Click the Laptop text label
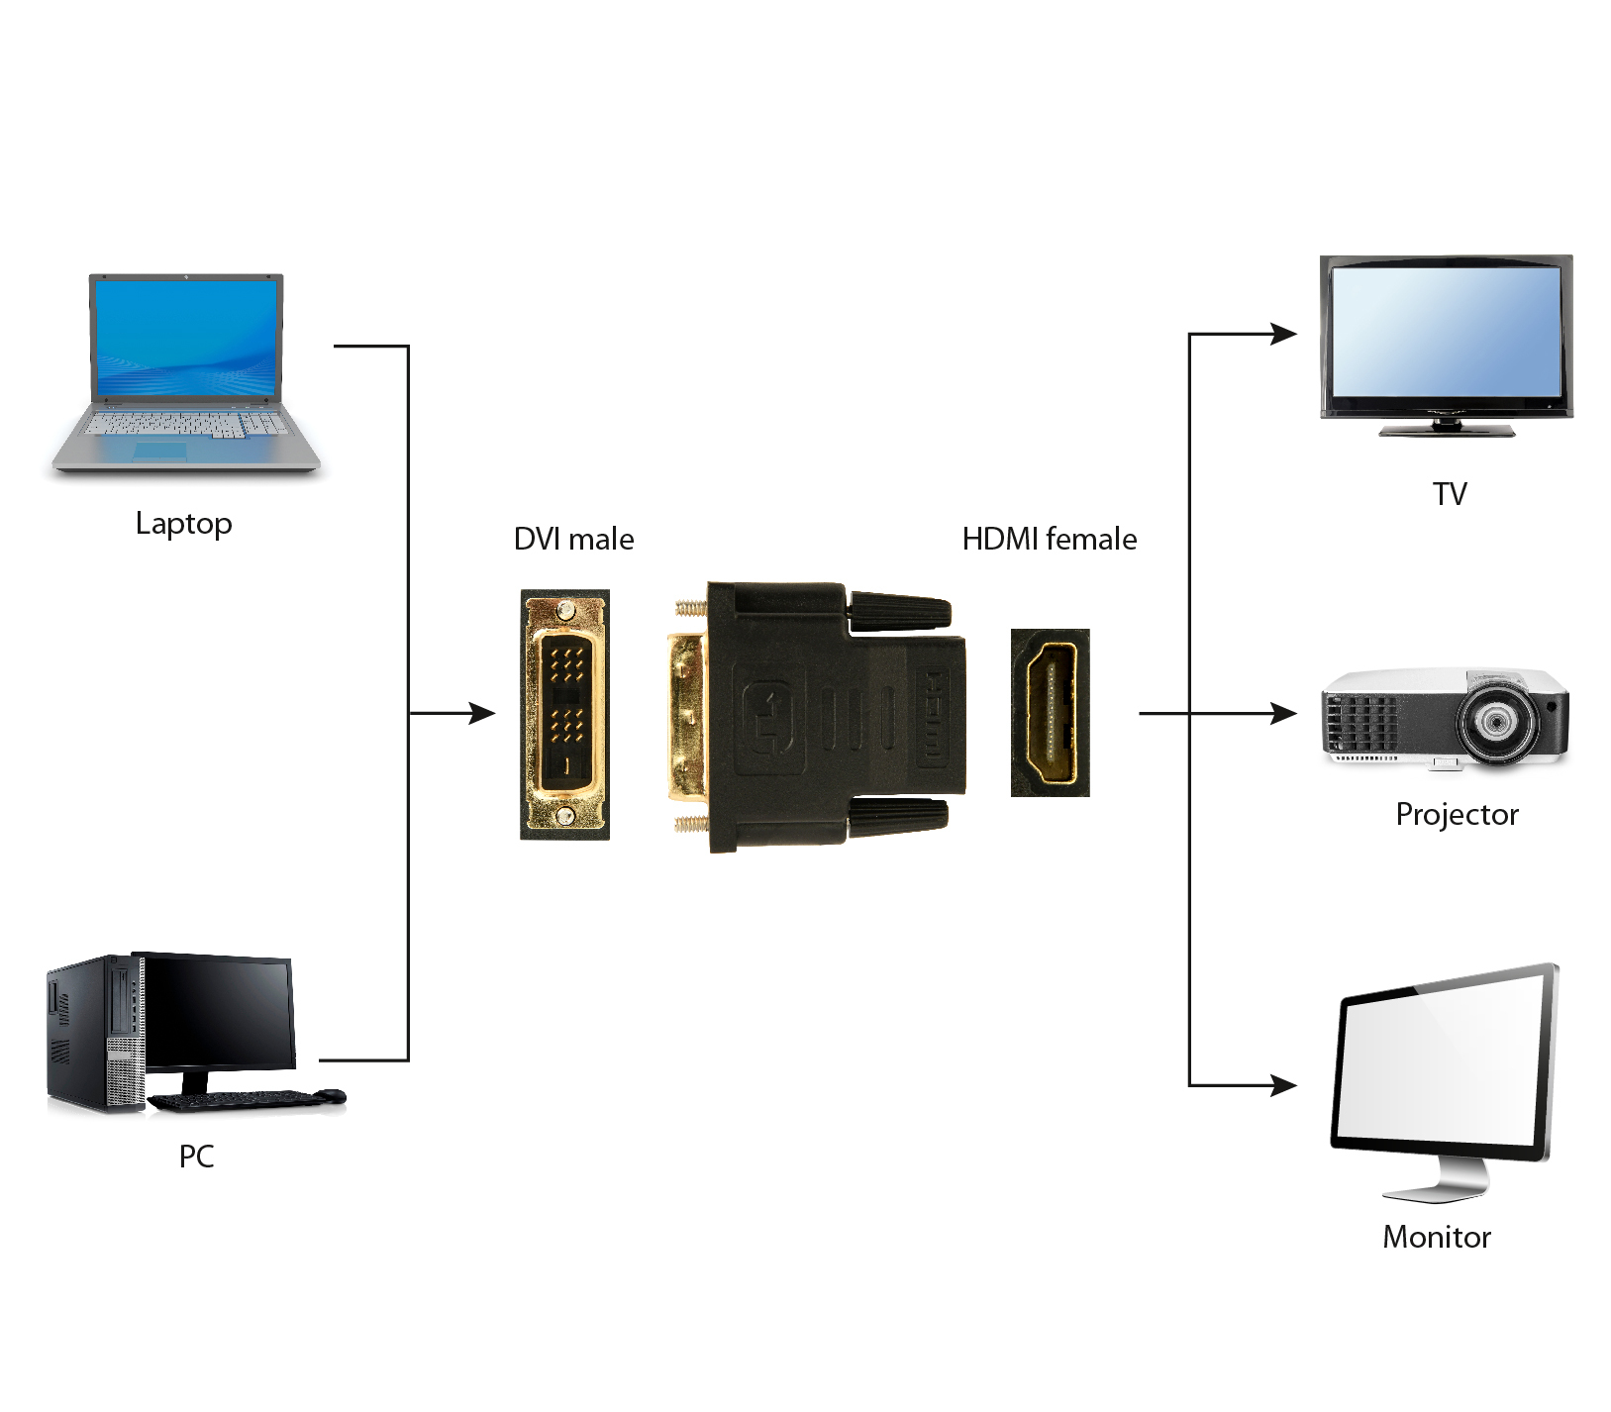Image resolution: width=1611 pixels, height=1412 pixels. click(x=183, y=523)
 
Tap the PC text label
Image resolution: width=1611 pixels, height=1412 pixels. click(x=196, y=1156)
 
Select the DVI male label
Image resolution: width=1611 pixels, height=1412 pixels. click(x=573, y=539)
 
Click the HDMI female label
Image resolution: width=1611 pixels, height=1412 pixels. click(x=1049, y=539)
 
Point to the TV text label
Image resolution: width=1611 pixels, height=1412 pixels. click(x=1449, y=493)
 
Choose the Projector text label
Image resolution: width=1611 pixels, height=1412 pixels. click(x=1456, y=814)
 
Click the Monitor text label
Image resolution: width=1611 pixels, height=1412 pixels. click(x=1436, y=1237)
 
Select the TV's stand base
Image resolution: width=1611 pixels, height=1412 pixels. click(x=1447, y=430)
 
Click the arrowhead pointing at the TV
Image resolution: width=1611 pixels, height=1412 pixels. click(x=1284, y=335)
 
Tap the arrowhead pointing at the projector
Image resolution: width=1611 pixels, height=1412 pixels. click(x=1284, y=713)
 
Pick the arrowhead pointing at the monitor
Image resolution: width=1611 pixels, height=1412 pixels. click(x=1284, y=1085)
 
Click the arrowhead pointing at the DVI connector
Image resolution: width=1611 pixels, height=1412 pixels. click(x=482, y=713)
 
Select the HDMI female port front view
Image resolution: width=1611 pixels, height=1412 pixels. click(x=1051, y=713)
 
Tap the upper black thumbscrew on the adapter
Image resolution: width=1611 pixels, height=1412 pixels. click(x=899, y=610)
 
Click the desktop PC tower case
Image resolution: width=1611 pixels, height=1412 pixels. click(x=94, y=1035)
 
